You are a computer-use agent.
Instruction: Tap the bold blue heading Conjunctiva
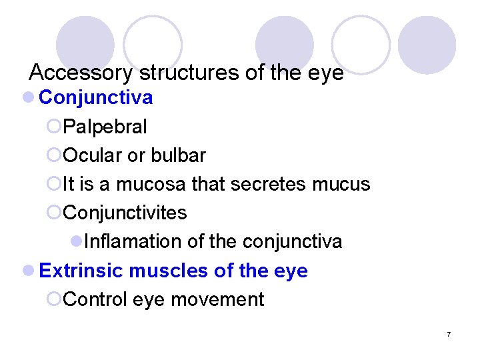(x=96, y=98)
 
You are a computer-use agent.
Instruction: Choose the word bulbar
(x=179, y=155)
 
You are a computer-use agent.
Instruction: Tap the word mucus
(x=341, y=184)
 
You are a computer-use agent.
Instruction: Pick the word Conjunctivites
(x=125, y=213)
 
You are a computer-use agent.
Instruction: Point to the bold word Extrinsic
(x=81, y=271)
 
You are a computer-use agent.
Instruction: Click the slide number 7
(x=449, y=333)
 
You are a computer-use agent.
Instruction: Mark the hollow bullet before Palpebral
(x=54, y=127)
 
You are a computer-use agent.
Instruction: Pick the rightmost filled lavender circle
(x=427, y=45)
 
